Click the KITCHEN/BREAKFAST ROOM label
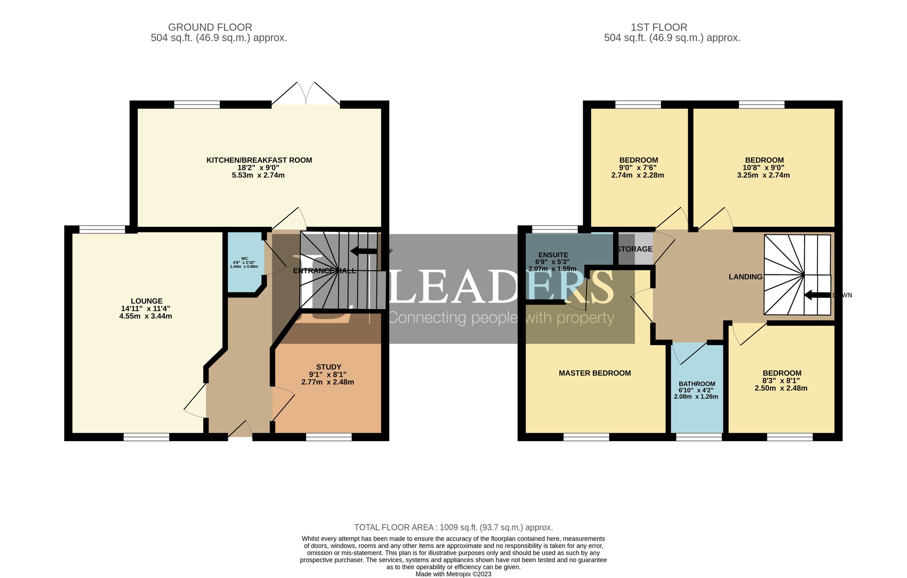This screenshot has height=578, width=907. coord(259,160)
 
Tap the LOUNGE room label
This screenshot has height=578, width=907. coord(147,301)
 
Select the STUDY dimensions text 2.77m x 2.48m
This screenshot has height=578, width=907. coord(328,382)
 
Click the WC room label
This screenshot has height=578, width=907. coord(245,259)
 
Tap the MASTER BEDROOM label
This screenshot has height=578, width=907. coord(594,373)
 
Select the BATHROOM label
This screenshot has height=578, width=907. coord(697,384)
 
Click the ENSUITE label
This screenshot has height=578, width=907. coord(553,255)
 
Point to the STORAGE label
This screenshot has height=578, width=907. coord(635,249)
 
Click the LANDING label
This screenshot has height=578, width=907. coord(745,277)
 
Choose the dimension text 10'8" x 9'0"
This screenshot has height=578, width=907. coord(763,168)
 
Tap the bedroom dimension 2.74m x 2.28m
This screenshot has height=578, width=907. coord(638,175)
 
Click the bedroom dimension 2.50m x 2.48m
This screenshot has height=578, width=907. coord(781,388)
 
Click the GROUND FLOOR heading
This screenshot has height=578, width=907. coord(210,27)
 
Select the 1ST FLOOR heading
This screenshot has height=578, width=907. coord(659,27)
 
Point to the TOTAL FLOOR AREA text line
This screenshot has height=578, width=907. coord(453,527)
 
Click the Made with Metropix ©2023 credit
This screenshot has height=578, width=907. coord(453,574)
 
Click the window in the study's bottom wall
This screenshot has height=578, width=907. coord(328,437)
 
